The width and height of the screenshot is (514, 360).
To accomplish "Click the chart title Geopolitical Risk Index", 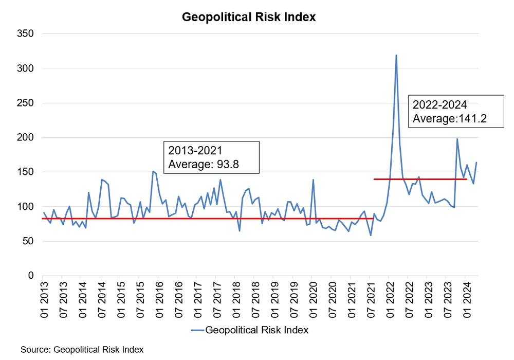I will tap(249, 17).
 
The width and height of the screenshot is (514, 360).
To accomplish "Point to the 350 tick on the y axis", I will tap(26, 33).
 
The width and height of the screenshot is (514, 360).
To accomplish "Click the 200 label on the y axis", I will tap(26, 137).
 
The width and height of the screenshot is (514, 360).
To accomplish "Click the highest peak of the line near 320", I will tap(396, 55).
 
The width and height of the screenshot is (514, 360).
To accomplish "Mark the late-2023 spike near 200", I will tap(457, 139).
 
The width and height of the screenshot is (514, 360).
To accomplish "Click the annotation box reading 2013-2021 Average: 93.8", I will tap(211, 157).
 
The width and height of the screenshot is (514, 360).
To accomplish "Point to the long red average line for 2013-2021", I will tap(206, 219).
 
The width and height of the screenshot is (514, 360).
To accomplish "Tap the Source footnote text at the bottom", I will tap(82, 350).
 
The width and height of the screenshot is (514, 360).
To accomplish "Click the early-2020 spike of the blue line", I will tap(313, 180).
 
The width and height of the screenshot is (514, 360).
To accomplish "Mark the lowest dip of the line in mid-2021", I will tap(371, 236).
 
